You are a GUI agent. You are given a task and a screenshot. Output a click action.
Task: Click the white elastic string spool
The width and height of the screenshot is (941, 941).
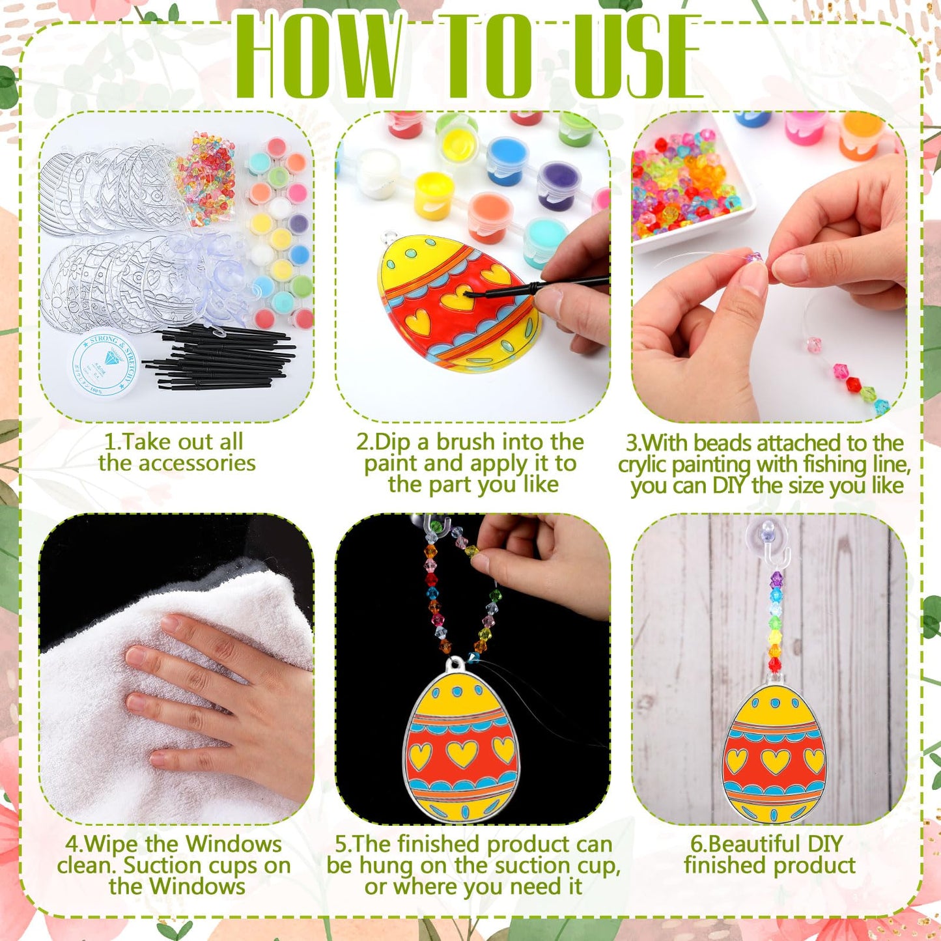tap(104, 365)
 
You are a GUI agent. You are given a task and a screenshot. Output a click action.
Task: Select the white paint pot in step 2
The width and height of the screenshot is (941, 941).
tap(378, 172)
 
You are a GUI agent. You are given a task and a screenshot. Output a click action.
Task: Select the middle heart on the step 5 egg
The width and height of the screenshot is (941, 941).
tap(462, 753)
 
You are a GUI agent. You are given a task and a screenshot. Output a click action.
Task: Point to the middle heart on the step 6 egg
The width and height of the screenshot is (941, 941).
tap(775, 760)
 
